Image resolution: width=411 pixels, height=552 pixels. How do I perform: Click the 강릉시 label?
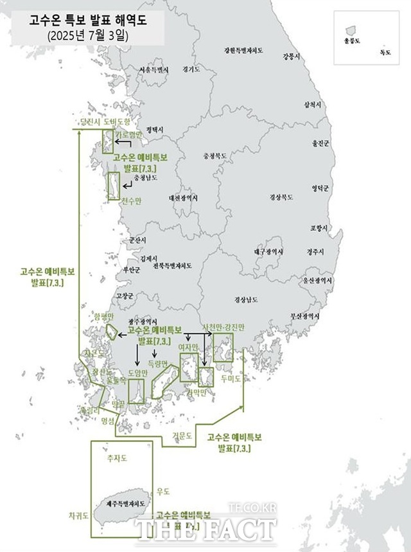(291, 57)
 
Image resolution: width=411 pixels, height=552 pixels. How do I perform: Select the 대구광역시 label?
(268, 252)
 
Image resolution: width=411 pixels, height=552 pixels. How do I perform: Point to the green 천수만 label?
(130, 201)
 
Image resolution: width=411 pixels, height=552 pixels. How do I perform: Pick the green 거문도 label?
(182, 435)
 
